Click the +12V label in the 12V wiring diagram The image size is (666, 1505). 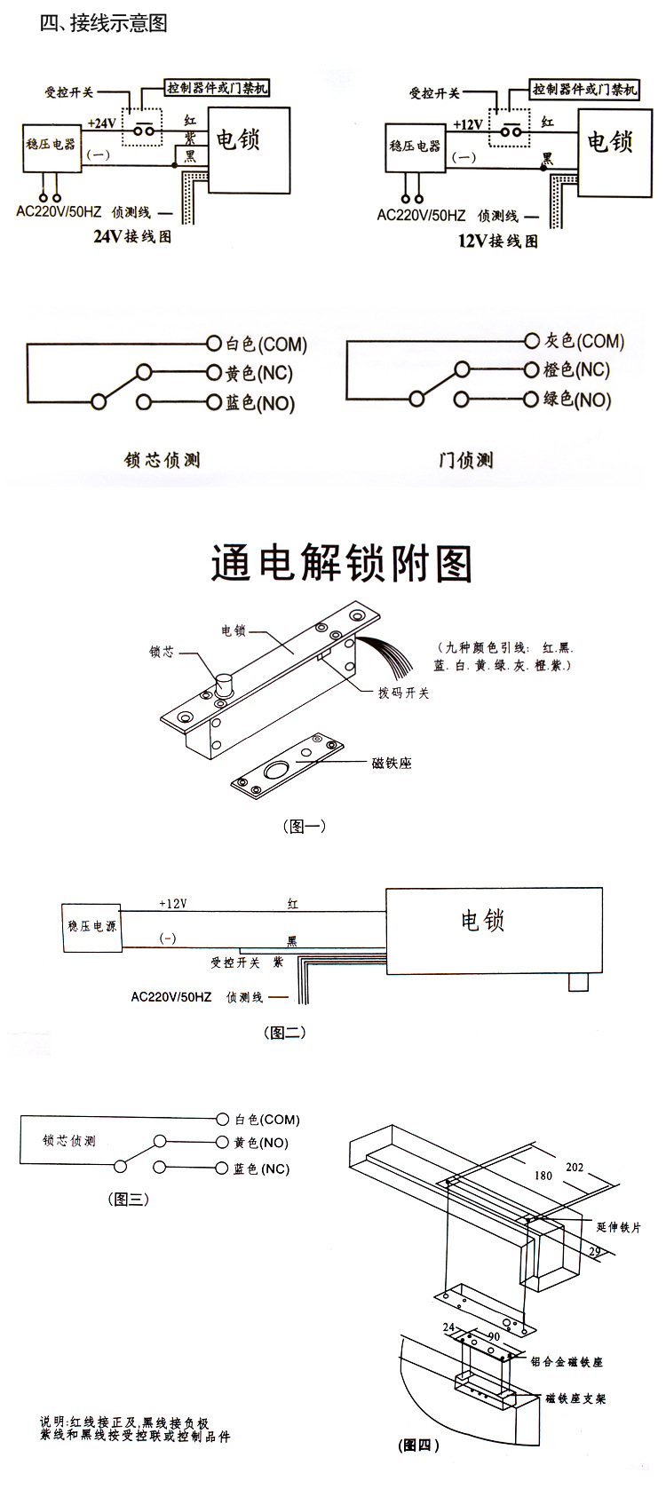(x=468, y=124)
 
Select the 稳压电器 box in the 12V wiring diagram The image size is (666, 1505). (x=415, y=147)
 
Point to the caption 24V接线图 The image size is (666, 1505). (x=132, y=237)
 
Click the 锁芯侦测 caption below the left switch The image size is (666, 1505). (x=162, y=460)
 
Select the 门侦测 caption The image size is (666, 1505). (x=465, y=460)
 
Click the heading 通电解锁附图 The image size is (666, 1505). (x=341, y=564)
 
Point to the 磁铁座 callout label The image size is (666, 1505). (x=392, y=763)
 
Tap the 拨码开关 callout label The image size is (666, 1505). (x=403, y=693)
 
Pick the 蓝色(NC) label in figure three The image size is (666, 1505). (x=261, y=1168)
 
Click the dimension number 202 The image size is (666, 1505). (x=575, y=1167)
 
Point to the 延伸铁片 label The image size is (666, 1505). (x=619, y=1227)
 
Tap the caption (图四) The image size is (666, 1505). (x=418, y=1445)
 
